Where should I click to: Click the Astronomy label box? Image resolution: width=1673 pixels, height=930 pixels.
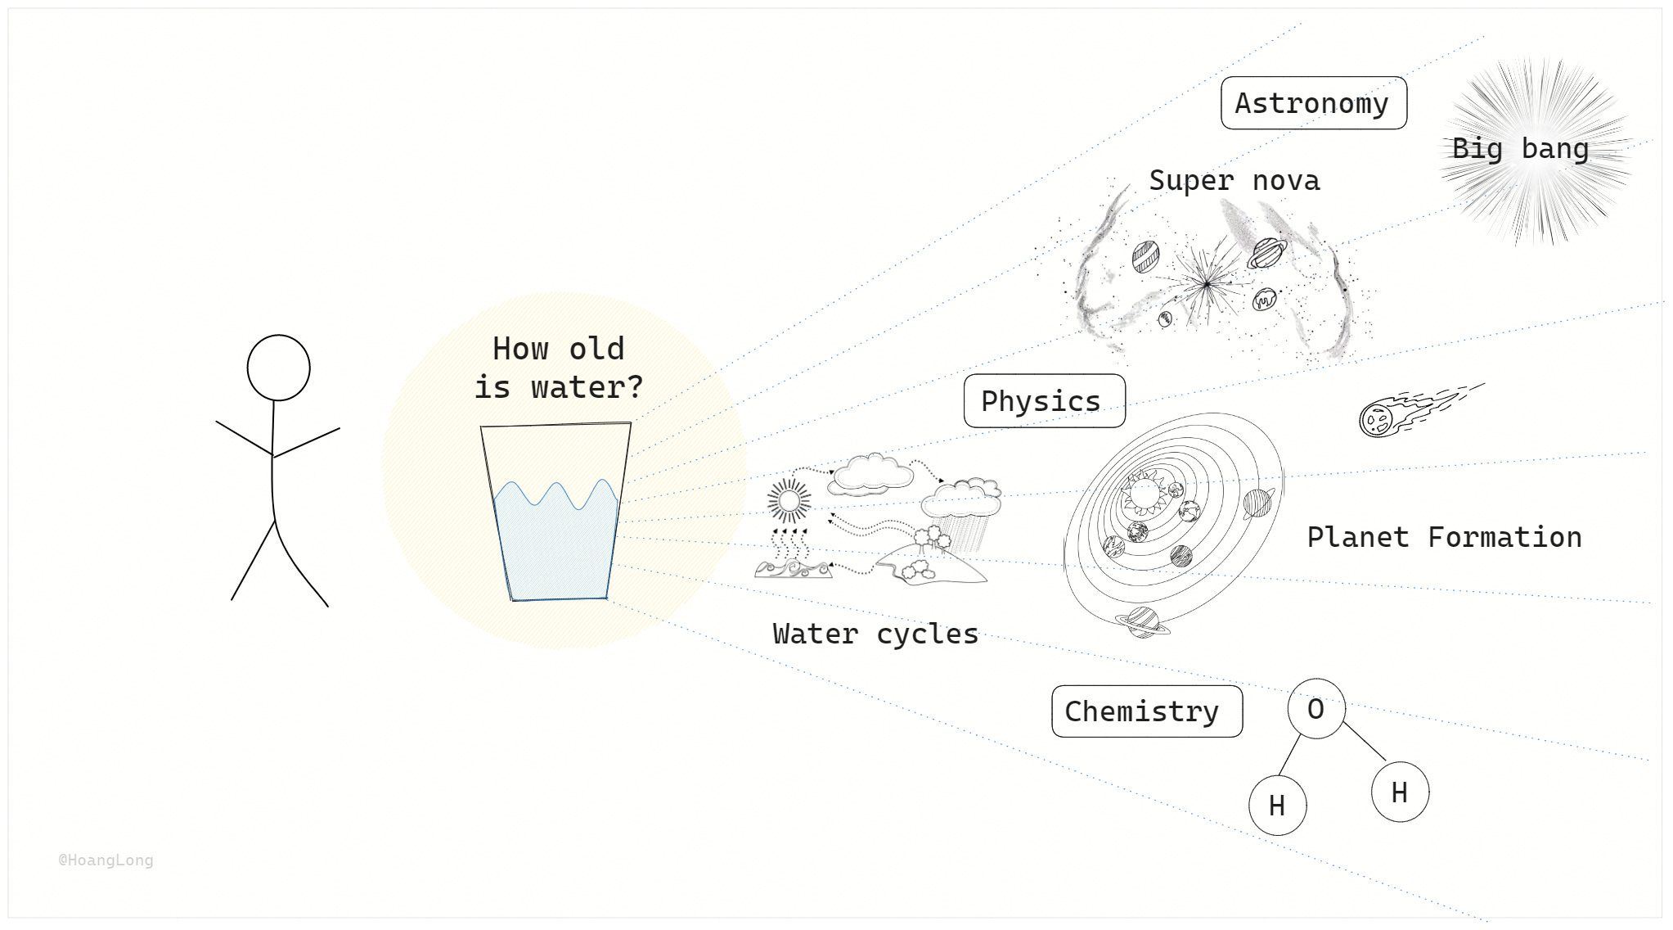(x=1313, y=103)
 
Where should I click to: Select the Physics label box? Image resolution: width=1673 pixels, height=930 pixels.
(x=1044, y=401)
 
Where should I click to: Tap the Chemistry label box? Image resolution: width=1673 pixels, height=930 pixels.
(x=1146, y=711)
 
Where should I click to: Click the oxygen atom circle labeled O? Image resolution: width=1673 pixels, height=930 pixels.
(x=1315, y=709)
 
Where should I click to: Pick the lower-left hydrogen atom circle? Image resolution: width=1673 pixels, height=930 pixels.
(x=1277, y=806)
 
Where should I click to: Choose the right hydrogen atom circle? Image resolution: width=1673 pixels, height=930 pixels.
(x=1400, y=792)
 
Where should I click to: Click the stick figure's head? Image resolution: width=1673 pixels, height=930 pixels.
(x=278, y=368)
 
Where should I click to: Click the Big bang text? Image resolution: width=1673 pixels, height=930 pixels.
(x=1520, y=149)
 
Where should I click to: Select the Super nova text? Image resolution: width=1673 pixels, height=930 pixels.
(x=1234, y=180)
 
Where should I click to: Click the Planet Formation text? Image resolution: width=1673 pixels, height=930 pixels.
(x=1444, y=537)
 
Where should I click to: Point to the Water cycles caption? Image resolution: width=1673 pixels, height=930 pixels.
(x=875, y=634)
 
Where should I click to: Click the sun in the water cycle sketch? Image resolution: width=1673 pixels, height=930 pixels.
(x=789, y=500)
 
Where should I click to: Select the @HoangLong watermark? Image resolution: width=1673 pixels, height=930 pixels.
(x=106, y=860)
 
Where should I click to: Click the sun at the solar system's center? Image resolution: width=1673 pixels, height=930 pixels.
(x=1145, y=494)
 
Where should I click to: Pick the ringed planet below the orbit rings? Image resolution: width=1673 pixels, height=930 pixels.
(x=1143, y=622)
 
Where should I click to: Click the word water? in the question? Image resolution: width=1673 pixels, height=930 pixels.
(x=587, y=387)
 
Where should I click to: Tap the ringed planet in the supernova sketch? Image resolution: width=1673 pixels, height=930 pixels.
(x=1266, y=253)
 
